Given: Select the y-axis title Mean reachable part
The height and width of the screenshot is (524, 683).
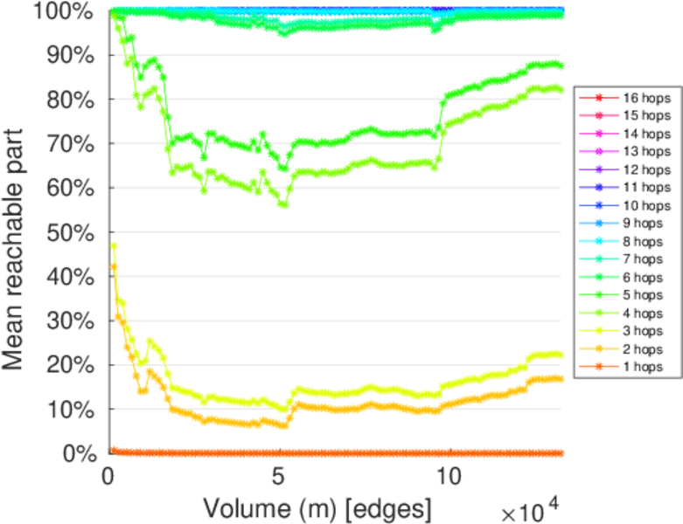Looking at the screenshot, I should [19, 234].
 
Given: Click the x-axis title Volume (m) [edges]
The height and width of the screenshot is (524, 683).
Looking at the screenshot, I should [317, 507].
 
